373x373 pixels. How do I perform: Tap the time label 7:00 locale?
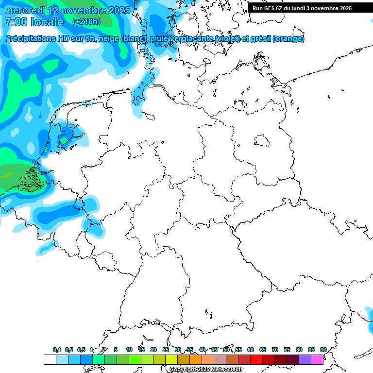click(34, 22)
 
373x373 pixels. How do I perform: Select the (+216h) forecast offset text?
click(86, 22)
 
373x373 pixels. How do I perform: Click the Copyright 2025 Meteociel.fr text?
click(206, 370)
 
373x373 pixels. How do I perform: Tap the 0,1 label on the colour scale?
click(56, 350)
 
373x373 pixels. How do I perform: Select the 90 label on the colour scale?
click(323, 350)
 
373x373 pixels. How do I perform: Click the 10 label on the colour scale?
click(129, 350)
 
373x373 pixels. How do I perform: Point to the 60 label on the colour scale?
click(251, 350)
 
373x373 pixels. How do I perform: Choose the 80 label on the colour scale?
click(299, 350)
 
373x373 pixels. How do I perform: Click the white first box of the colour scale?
click(50, 359)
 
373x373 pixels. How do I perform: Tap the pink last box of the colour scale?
click(317, 359)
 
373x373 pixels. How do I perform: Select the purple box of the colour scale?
click(305, 359)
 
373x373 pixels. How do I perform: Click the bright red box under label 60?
click(256, 359)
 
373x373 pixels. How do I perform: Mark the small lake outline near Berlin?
click(263, 141)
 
